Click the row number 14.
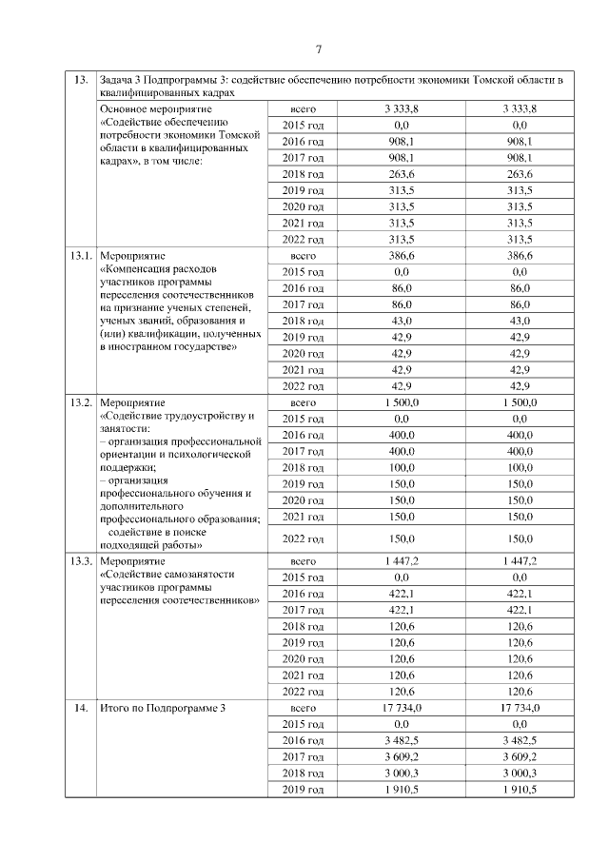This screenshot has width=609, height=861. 79,708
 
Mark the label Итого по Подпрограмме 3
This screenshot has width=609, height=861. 163,708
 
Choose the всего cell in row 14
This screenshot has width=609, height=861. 303,708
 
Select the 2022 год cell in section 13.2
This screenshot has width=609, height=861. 303,539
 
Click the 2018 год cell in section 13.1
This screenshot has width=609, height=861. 303,322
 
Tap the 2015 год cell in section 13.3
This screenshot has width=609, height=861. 303,577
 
